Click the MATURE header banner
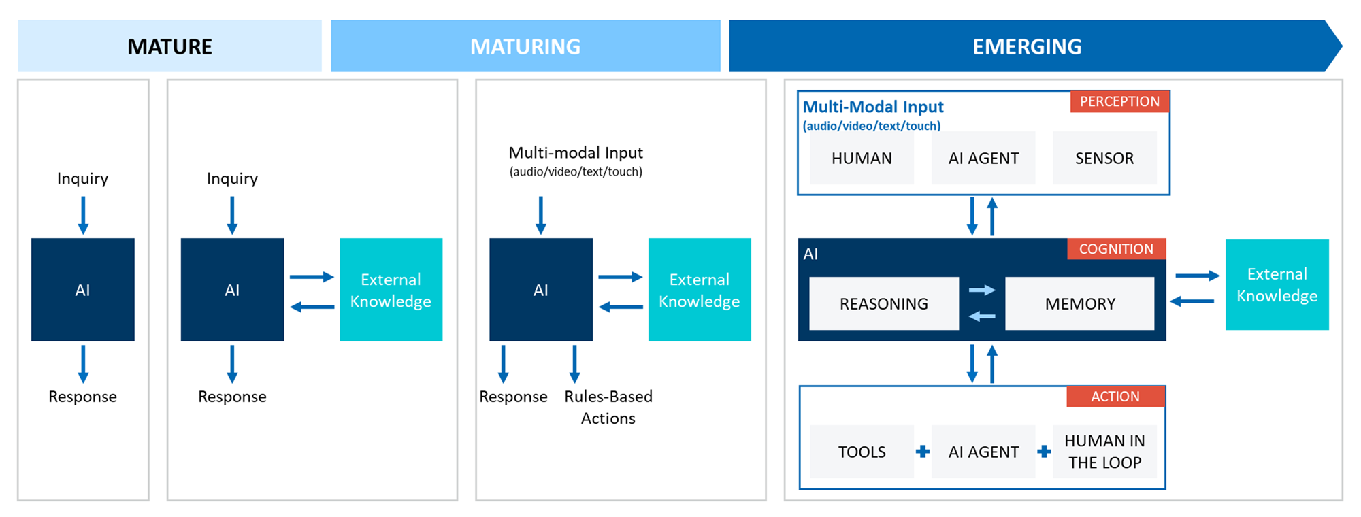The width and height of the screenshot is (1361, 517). tap(169, 46)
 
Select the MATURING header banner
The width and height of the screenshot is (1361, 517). tap(525, 46)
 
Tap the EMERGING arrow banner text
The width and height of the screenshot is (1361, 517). tap(1026, 46)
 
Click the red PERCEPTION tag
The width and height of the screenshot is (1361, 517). tap(1119, 101)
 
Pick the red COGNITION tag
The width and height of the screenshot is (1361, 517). tap(1116, 249)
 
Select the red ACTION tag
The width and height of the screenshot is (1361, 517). tap(1115, 397)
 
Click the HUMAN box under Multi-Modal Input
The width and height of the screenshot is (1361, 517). tap(862, 158)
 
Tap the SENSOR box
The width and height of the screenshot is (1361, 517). tap(1104, 158)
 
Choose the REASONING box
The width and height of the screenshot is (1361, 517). tap(883, 303)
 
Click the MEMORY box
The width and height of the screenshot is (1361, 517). tap(1080, 303)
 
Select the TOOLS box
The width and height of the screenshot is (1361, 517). tap(862, 452)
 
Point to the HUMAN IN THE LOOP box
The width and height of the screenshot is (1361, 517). tap(1104, 452)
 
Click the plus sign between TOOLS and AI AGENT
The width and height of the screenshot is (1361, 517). tap(923, 451)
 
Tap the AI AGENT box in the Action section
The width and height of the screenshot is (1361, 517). tap(983, 452)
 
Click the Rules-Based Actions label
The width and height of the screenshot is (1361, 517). tap(608, 407)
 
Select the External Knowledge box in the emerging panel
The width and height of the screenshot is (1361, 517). tap(1277, 284)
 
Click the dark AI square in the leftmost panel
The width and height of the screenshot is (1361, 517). tap(82, 290)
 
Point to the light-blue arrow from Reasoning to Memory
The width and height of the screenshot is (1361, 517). tap(982, 290)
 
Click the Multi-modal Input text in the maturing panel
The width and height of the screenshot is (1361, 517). tap(576, 153)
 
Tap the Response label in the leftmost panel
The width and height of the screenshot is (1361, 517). tap(82, 397)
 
